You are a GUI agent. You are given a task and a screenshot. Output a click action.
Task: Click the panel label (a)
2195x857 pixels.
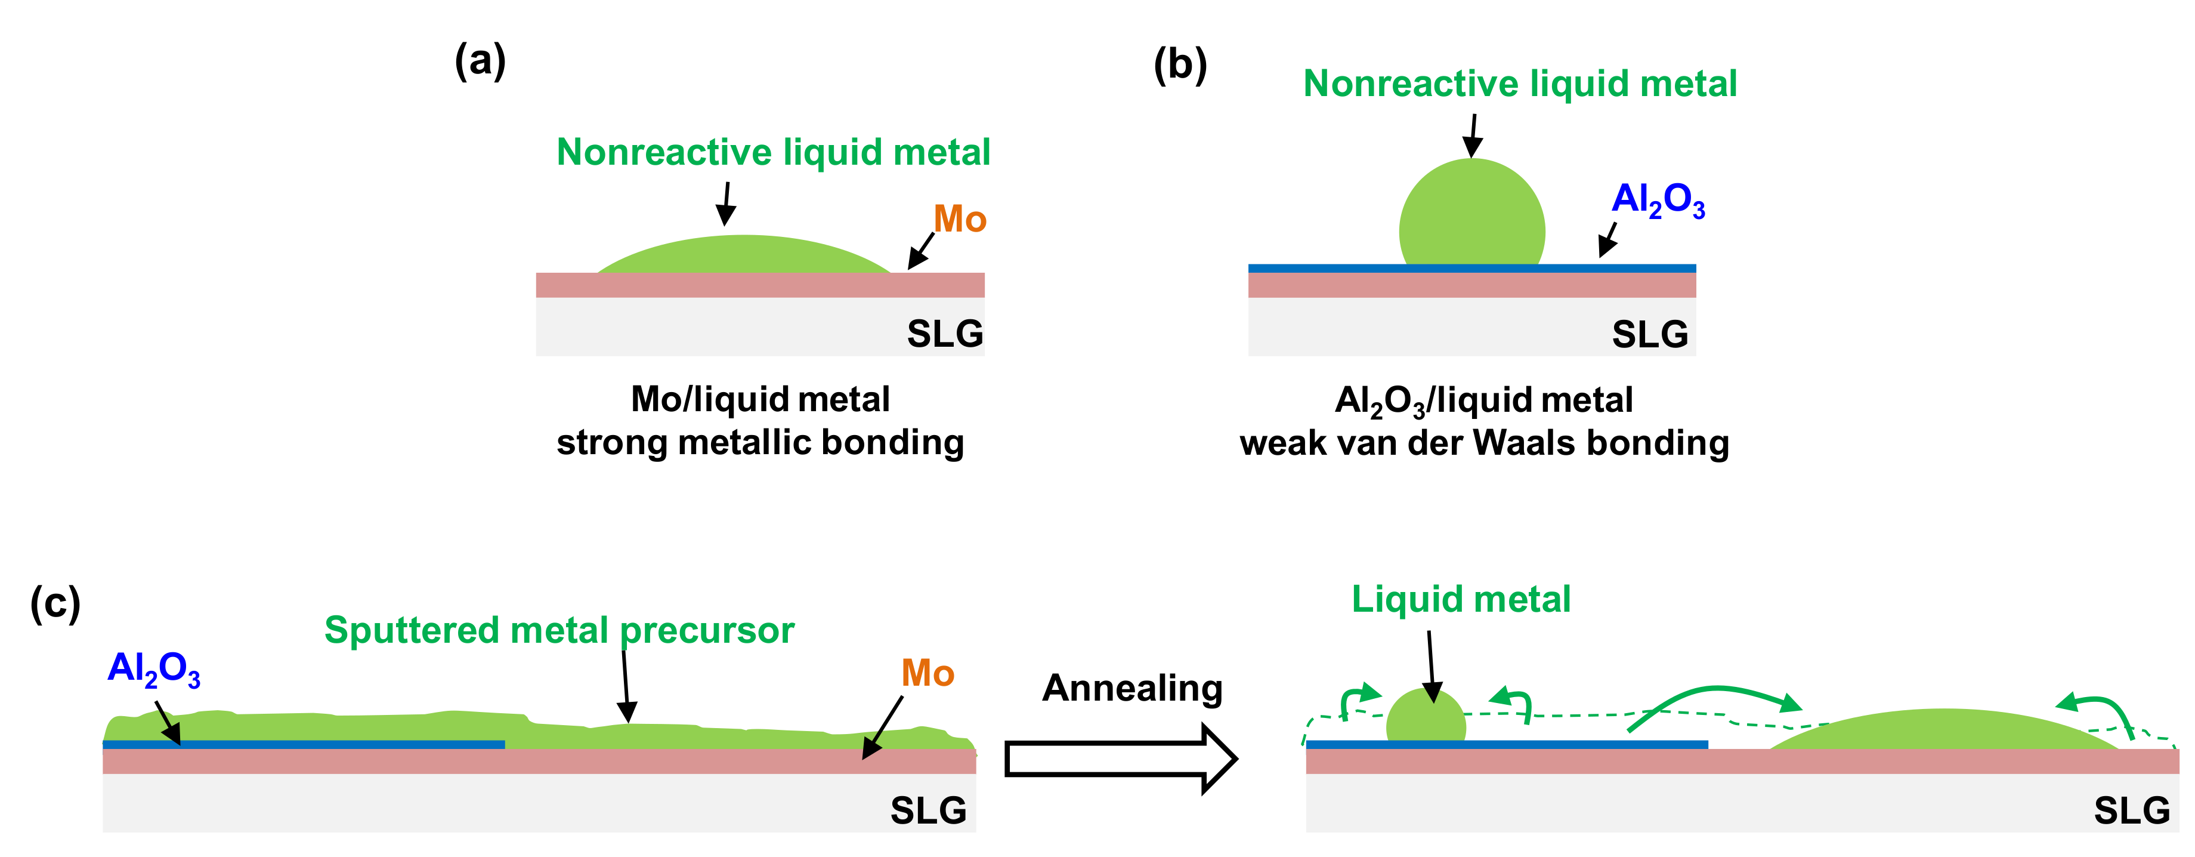(480, 61)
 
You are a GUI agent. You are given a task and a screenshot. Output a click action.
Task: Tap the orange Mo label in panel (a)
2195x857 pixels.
(960, 219)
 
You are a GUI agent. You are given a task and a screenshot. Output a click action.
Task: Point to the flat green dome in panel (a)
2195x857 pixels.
(744, 256)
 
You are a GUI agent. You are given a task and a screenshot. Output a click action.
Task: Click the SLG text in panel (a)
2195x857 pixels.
(944, 334)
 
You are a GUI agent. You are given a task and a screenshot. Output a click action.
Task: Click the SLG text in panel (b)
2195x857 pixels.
(1650, 334)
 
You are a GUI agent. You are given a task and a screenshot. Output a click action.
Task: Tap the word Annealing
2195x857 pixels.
(1131, 688)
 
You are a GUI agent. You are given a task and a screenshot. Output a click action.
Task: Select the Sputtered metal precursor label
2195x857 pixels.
(559, 630)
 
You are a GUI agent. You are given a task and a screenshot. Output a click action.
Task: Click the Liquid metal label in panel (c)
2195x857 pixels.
(1461, 599)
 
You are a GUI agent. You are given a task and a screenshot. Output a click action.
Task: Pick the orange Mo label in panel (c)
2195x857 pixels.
(927, 673)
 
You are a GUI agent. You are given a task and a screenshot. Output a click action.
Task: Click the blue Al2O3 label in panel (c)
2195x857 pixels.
(153, 668)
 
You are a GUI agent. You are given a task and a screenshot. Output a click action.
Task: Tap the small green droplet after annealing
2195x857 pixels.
(1426, 720)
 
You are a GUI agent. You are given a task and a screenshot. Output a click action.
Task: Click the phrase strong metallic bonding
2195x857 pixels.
(760, 442)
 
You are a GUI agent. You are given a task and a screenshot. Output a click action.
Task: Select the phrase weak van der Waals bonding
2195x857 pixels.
(1485, 443)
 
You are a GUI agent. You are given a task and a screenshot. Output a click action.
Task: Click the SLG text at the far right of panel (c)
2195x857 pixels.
(2131, 810)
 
